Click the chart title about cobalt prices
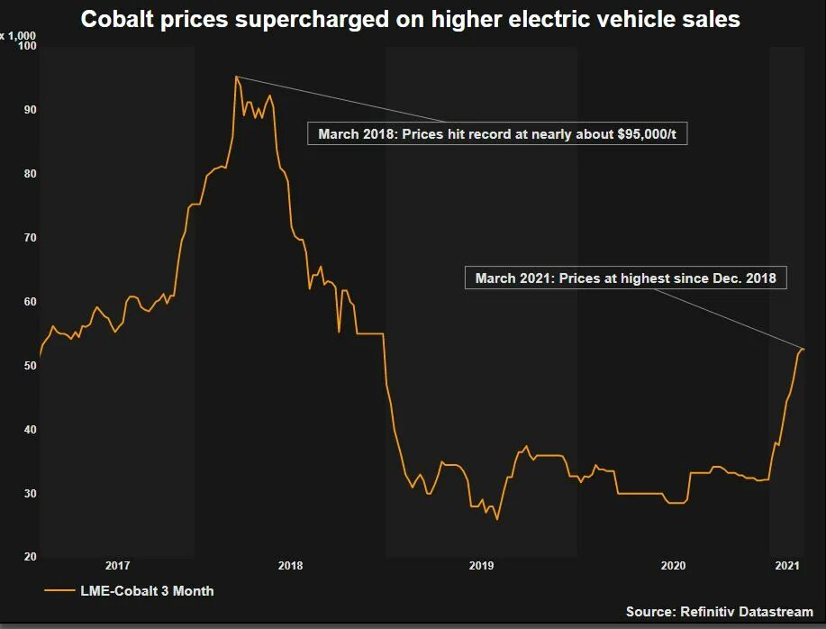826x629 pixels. (x=410, y=19)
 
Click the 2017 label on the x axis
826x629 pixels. (x=117, y=566)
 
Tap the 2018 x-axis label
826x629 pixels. (x=290, y=566)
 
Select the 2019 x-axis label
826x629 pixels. (x=481, y=566)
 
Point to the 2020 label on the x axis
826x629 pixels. (x=673, y=566)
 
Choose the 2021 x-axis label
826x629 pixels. (x=786, y=566)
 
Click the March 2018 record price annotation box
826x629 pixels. (x=497, y=134)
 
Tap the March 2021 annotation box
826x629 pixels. (x=625, y=278)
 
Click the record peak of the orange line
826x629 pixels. (x=236, y=77)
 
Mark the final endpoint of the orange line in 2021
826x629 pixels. (x=803, y=349)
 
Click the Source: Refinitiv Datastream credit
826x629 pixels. (x=719, y=612)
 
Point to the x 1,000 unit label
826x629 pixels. (x=17, y=35)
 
